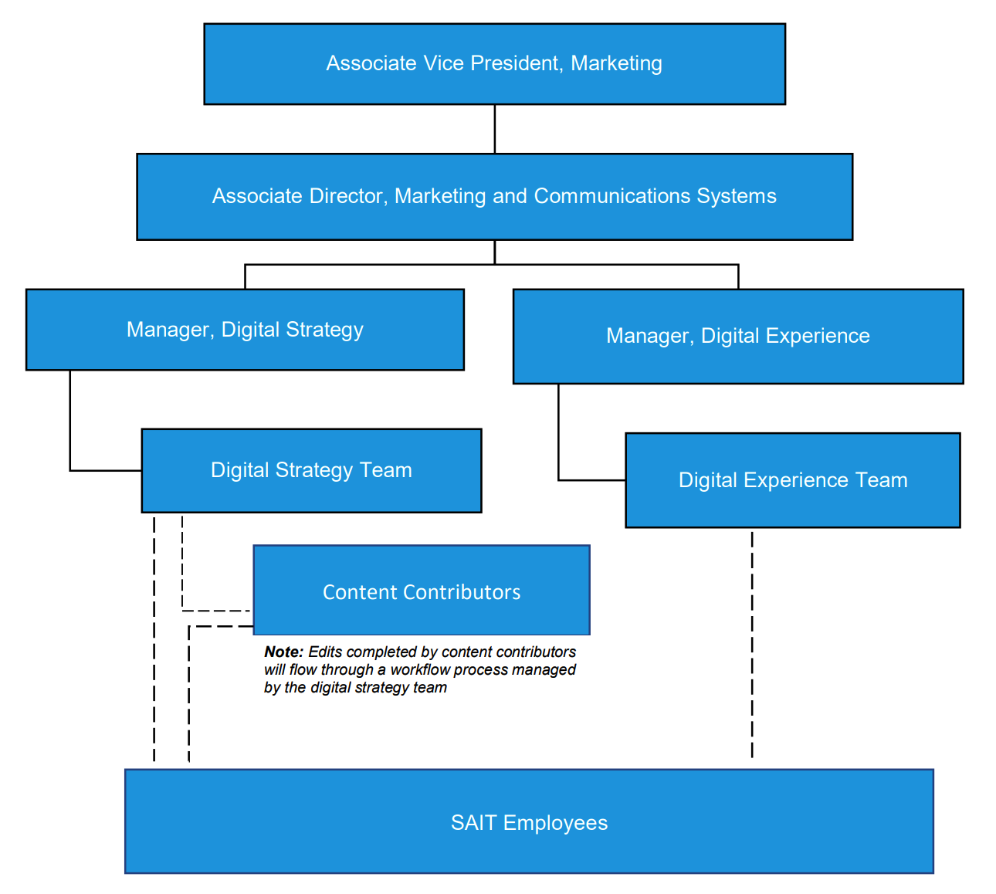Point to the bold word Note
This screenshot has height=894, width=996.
(x=283, y=652)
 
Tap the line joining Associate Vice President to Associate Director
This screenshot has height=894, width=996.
(x=494, y=129)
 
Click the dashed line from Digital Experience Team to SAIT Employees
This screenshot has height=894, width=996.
(x=752, y=645)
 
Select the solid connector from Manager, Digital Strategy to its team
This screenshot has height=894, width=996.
(x=70, y=432)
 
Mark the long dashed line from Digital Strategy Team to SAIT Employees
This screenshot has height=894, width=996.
(x=154, y=641)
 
